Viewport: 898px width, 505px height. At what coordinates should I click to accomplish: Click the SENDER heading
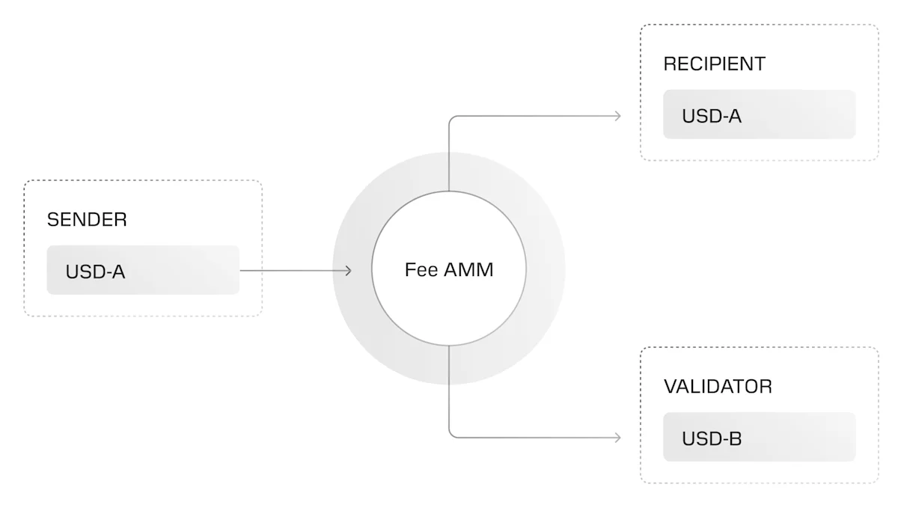87,220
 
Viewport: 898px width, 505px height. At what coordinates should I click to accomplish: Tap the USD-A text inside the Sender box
95,272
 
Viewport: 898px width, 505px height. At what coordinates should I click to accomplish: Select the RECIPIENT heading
714,64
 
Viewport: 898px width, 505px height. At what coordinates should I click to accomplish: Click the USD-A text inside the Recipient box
711,116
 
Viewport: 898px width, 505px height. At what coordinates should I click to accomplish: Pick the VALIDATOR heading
718,387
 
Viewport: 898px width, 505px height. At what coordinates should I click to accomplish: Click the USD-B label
711,438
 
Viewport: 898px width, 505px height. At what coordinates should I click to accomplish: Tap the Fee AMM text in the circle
449,270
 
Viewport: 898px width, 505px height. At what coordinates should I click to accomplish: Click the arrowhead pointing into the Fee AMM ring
349,271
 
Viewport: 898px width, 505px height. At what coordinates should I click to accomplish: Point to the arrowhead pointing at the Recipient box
617,116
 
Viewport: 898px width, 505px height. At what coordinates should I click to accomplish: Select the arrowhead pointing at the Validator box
617,438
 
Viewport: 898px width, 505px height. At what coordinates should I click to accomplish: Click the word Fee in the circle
421,270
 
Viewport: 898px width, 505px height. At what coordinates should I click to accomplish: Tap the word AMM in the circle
469,270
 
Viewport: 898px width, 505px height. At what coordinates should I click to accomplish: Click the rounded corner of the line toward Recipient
451,118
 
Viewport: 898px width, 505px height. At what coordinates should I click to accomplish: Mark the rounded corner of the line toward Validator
451,435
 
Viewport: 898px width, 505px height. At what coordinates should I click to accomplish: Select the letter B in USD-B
736,438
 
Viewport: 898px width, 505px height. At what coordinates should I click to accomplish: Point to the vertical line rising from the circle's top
449,157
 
